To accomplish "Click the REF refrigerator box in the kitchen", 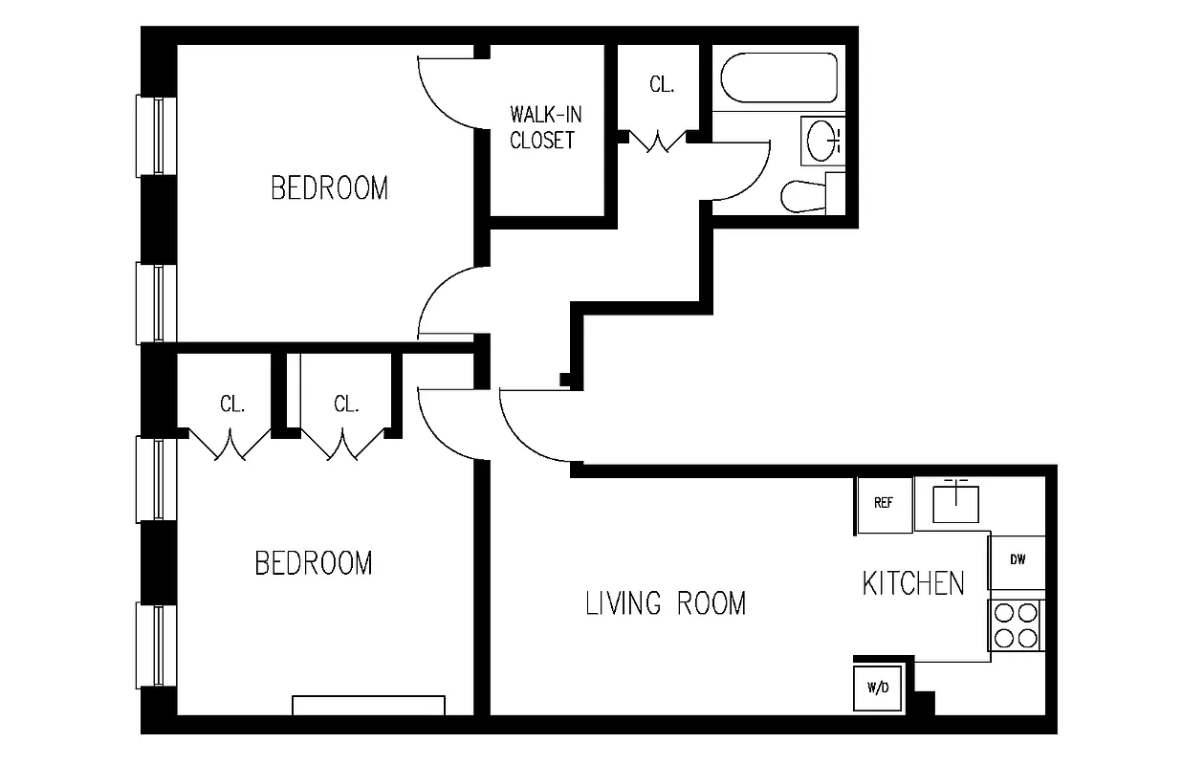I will pos(883,504).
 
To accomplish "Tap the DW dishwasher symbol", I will pos(1017,561).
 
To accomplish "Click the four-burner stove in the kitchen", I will pos(1016,624).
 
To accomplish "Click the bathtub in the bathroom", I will pos(778,77).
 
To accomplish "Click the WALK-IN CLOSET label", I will pos(545,127).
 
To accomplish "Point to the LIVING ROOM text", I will pos(666,603).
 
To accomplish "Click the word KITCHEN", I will pos(913,583).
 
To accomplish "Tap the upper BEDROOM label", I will pos(330,188).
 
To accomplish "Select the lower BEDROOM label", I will pos(314,563).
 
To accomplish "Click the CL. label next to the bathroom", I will pos(662,84).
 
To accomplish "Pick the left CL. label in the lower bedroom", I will pos(232,404).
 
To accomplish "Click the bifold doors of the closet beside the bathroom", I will pos(658,142).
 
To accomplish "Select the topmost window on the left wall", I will pos(155,135).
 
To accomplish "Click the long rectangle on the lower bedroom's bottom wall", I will pos(368,705).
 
